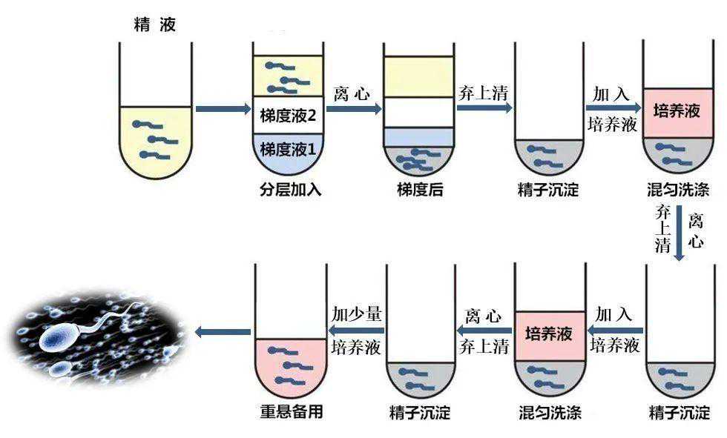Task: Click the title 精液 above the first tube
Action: (154, 26)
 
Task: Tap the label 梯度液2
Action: (289, 116)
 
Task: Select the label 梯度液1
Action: (289, 149)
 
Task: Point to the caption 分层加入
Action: (290, 190)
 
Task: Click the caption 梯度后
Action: (420, 190)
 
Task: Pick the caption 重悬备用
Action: (290, 412)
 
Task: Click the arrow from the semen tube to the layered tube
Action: (223, 110)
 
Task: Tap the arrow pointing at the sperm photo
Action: (223, 331)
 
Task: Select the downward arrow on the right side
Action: (679, 233)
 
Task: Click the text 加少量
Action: (357, 313)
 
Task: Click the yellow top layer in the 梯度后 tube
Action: (418, 76)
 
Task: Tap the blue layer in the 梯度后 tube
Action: (418, 136)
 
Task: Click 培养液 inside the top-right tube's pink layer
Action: (677, 112)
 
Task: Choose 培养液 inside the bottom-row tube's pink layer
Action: (549, 334)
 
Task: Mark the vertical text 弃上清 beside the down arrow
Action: (662, 229)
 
